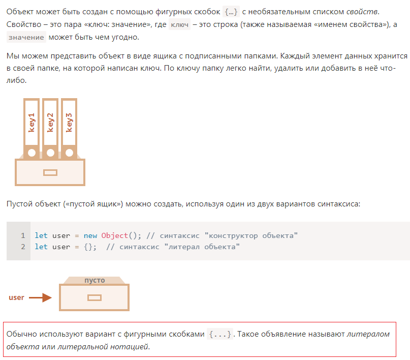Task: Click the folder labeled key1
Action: pos(31,128)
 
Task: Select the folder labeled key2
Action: pos(50,128)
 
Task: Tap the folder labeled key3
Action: pos(69,128)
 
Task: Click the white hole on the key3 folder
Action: pos(69,153)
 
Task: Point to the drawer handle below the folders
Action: pos(50,173)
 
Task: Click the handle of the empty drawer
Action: pos(94,298)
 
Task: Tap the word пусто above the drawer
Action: pos(94,280)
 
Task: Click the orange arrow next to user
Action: pos(40,297)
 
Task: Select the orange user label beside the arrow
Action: pos(16,297)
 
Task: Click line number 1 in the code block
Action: pos(23,235)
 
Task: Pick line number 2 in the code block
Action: pos(23,247)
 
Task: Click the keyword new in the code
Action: pos(90,236)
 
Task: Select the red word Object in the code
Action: pos(115,235)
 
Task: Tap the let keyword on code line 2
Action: pos(41,247)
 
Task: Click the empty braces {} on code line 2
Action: pos(88,247)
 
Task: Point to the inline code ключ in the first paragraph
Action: pos(179,24)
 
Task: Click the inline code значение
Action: pos(26,37)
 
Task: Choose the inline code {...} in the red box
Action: pos(220,334)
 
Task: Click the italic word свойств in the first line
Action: pos(362,12)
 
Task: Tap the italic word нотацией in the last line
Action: pos(129,347)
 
